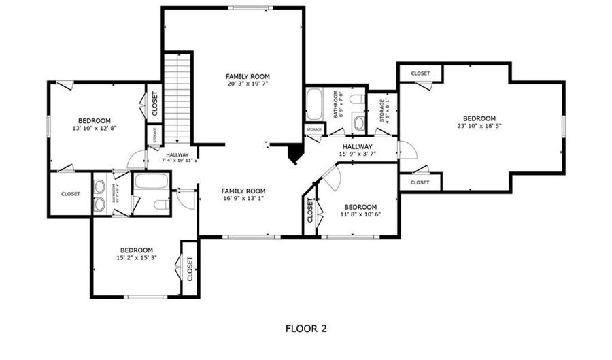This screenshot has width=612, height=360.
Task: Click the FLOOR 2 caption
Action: point(306,329)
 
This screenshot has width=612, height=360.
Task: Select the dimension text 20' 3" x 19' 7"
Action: point(248,84)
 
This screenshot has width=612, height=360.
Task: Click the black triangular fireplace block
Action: point(294,154)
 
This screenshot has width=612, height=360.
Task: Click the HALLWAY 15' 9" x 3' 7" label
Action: point(358,150)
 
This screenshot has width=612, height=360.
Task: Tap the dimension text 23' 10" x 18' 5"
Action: point(479,126)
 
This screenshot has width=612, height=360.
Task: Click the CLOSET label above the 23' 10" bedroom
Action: point(420,73)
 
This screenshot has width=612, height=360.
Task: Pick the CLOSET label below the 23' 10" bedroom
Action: point(420,182)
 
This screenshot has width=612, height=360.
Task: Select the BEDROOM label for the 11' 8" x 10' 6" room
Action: point(360,207)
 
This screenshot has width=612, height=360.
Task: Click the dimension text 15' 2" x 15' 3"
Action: point(137,258)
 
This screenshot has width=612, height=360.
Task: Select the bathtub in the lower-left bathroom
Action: point(151,181)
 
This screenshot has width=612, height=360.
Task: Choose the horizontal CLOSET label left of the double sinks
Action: point(71,194)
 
